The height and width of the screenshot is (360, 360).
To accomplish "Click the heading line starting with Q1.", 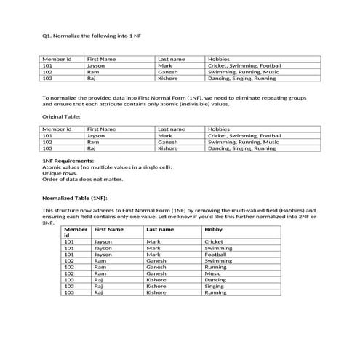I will coord(91,35).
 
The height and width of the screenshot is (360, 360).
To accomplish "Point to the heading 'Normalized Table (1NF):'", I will coord(75,197).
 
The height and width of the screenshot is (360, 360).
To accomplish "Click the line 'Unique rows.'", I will coord(58,173).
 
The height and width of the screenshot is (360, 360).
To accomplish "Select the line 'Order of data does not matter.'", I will coord(82,179).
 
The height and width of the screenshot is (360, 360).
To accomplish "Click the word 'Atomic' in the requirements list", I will coord(52,167).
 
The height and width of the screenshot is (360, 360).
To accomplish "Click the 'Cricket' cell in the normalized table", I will coord(214,241).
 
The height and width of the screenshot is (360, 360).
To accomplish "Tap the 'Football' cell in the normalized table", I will coord(216,255).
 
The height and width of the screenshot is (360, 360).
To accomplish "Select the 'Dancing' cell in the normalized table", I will coord(215,280).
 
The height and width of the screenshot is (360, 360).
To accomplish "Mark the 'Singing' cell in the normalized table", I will coord(215,287).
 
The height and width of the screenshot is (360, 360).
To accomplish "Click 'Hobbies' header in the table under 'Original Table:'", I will coord(219,129).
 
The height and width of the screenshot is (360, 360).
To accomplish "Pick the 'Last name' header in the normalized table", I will coord(160,229).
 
